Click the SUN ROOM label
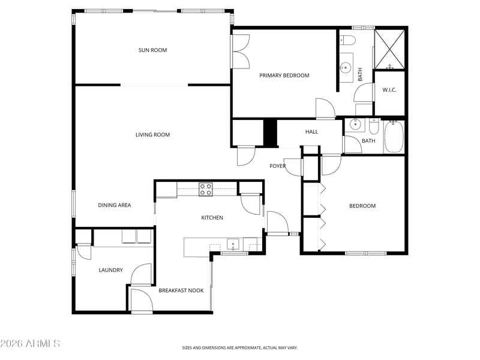[152, 50]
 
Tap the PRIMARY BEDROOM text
[284, 76]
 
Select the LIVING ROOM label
[152, 134]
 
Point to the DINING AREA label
[114, 205]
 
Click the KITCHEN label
[212, 218]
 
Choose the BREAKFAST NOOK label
[181, 290]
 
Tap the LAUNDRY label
[110, 270]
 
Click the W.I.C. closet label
[389, 90]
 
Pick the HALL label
[311, 132]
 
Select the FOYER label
[277, 166]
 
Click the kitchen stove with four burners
[206, 189]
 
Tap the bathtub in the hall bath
[394, 137]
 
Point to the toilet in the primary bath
[347, 40]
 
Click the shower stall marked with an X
[389, 49]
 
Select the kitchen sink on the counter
[233, 244]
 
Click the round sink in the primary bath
[346, 67]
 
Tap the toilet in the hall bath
[374, 127]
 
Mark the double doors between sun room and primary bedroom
[241, 51]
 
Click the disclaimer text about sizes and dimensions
[239, 348]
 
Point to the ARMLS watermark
[30, 343]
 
